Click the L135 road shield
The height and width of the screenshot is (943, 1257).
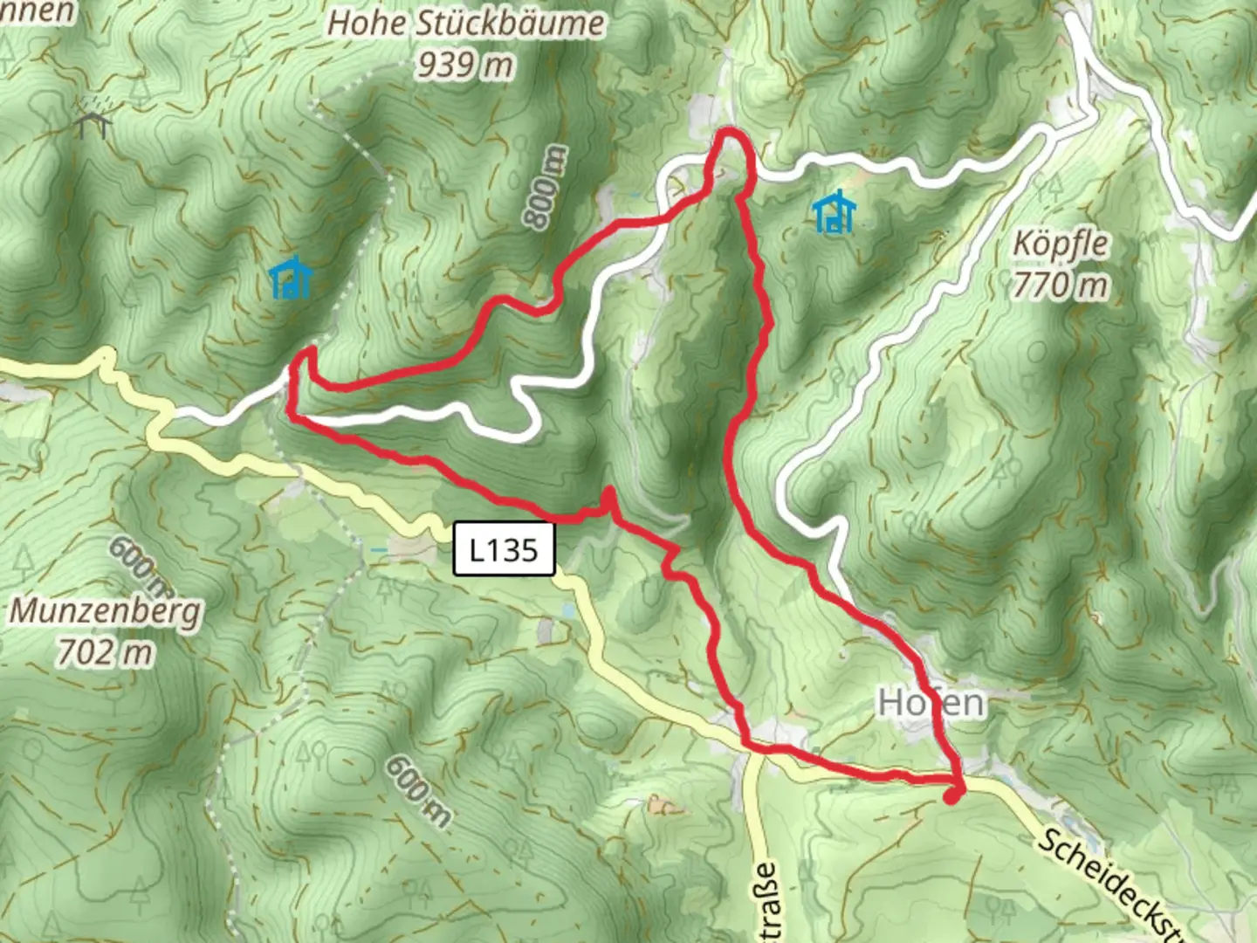coord(504,549)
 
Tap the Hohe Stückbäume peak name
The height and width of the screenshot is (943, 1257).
coord(465,23)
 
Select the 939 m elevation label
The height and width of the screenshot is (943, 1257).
coord(464,64)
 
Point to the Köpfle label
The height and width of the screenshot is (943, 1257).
coord(1061,244)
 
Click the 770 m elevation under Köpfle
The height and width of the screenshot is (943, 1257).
coord(1061,285)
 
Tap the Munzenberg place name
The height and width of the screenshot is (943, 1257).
coord(105,610)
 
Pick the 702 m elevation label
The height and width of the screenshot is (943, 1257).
coord(105,651)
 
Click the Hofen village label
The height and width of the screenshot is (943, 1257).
coord(931,702)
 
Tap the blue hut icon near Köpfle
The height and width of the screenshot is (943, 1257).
coord(834,212)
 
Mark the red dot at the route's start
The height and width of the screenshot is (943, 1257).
coord(952,795)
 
